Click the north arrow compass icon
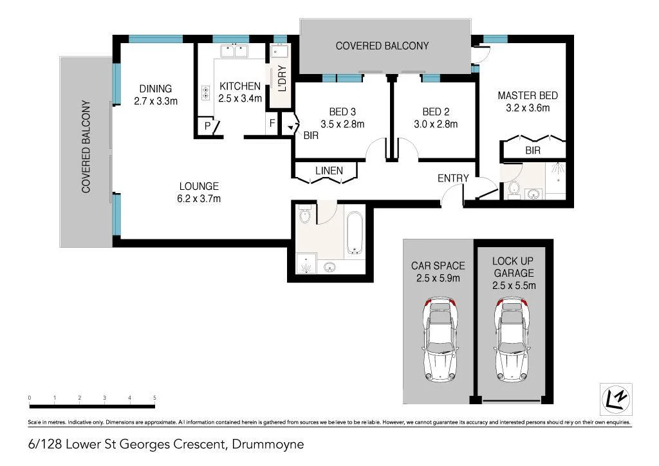(x=615, y=399)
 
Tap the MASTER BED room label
(x=527, y=96)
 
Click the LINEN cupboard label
(x=328, y=171)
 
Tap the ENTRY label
(x=453, y=178)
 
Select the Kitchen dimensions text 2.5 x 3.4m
(x=240, y=98)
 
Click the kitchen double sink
(x=234, y=51)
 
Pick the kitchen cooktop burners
(x=206, y=93)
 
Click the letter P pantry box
(x=208, y=126)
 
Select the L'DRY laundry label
(x=281, y=78)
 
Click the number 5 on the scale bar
(x=154, y=398)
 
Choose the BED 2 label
(x=436, y=111)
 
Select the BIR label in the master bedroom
(x=533, y=151)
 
